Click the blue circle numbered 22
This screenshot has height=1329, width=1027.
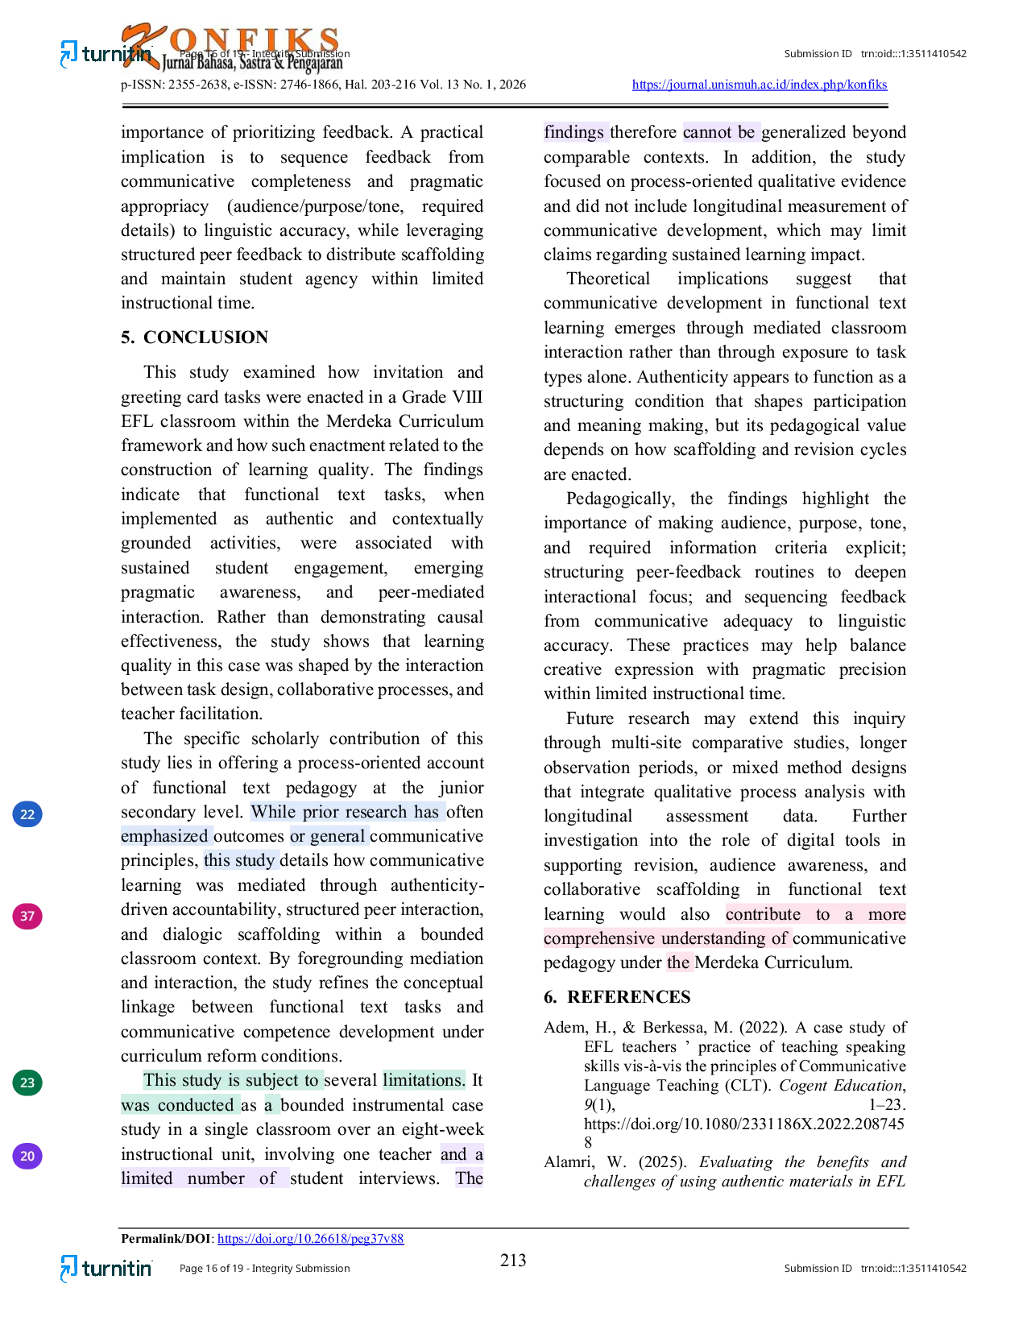[x=27, y=814]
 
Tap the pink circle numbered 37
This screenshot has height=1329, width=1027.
[x=27, y=916]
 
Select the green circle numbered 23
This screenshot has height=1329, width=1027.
[x=27, y=1083]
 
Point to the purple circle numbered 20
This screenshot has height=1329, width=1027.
[x=27, y=1156]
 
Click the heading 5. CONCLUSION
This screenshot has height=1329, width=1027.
[x=194, y=337]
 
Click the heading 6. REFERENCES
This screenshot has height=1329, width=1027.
[x=616, y=997]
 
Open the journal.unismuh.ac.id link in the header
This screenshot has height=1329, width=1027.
[x=759, y=85]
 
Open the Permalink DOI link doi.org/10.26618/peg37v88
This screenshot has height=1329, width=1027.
[x=310, y=1239]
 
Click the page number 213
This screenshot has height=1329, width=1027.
[x=512, y=1260]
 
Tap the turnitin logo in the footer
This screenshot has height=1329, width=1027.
[x=106, y=1269]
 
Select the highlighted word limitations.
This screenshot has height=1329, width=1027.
[x=424, y=1080]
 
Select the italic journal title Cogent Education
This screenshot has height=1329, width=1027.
[x=842, y=1086]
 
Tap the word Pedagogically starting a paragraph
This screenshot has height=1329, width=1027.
[x=620, y=499]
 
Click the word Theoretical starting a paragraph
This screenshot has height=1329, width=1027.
[x=608, y=279]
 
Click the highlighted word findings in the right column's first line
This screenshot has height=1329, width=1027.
[x=574, y=132]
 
